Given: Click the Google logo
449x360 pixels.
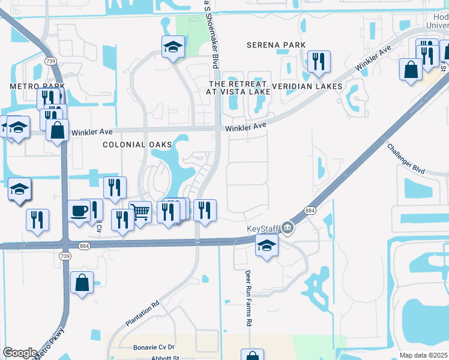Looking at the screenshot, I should tap(20, 353).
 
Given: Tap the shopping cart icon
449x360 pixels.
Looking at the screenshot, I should tap(139, 212).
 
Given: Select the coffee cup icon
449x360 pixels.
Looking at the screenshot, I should tap(79, 211).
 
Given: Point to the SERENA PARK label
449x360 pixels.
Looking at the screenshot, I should tap(276, 45).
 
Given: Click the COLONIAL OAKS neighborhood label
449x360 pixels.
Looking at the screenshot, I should tap(137, 145).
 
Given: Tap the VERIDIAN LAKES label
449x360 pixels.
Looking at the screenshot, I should tap(307, 86).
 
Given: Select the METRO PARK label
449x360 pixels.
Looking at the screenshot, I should tap(37, 86).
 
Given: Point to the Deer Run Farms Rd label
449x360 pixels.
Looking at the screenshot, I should tap(247, 298).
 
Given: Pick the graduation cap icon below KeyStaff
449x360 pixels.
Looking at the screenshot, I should tap(267, 245).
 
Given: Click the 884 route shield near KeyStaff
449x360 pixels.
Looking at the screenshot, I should tap(310, 211).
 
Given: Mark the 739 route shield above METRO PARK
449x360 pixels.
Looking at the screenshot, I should tap(51, 61).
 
